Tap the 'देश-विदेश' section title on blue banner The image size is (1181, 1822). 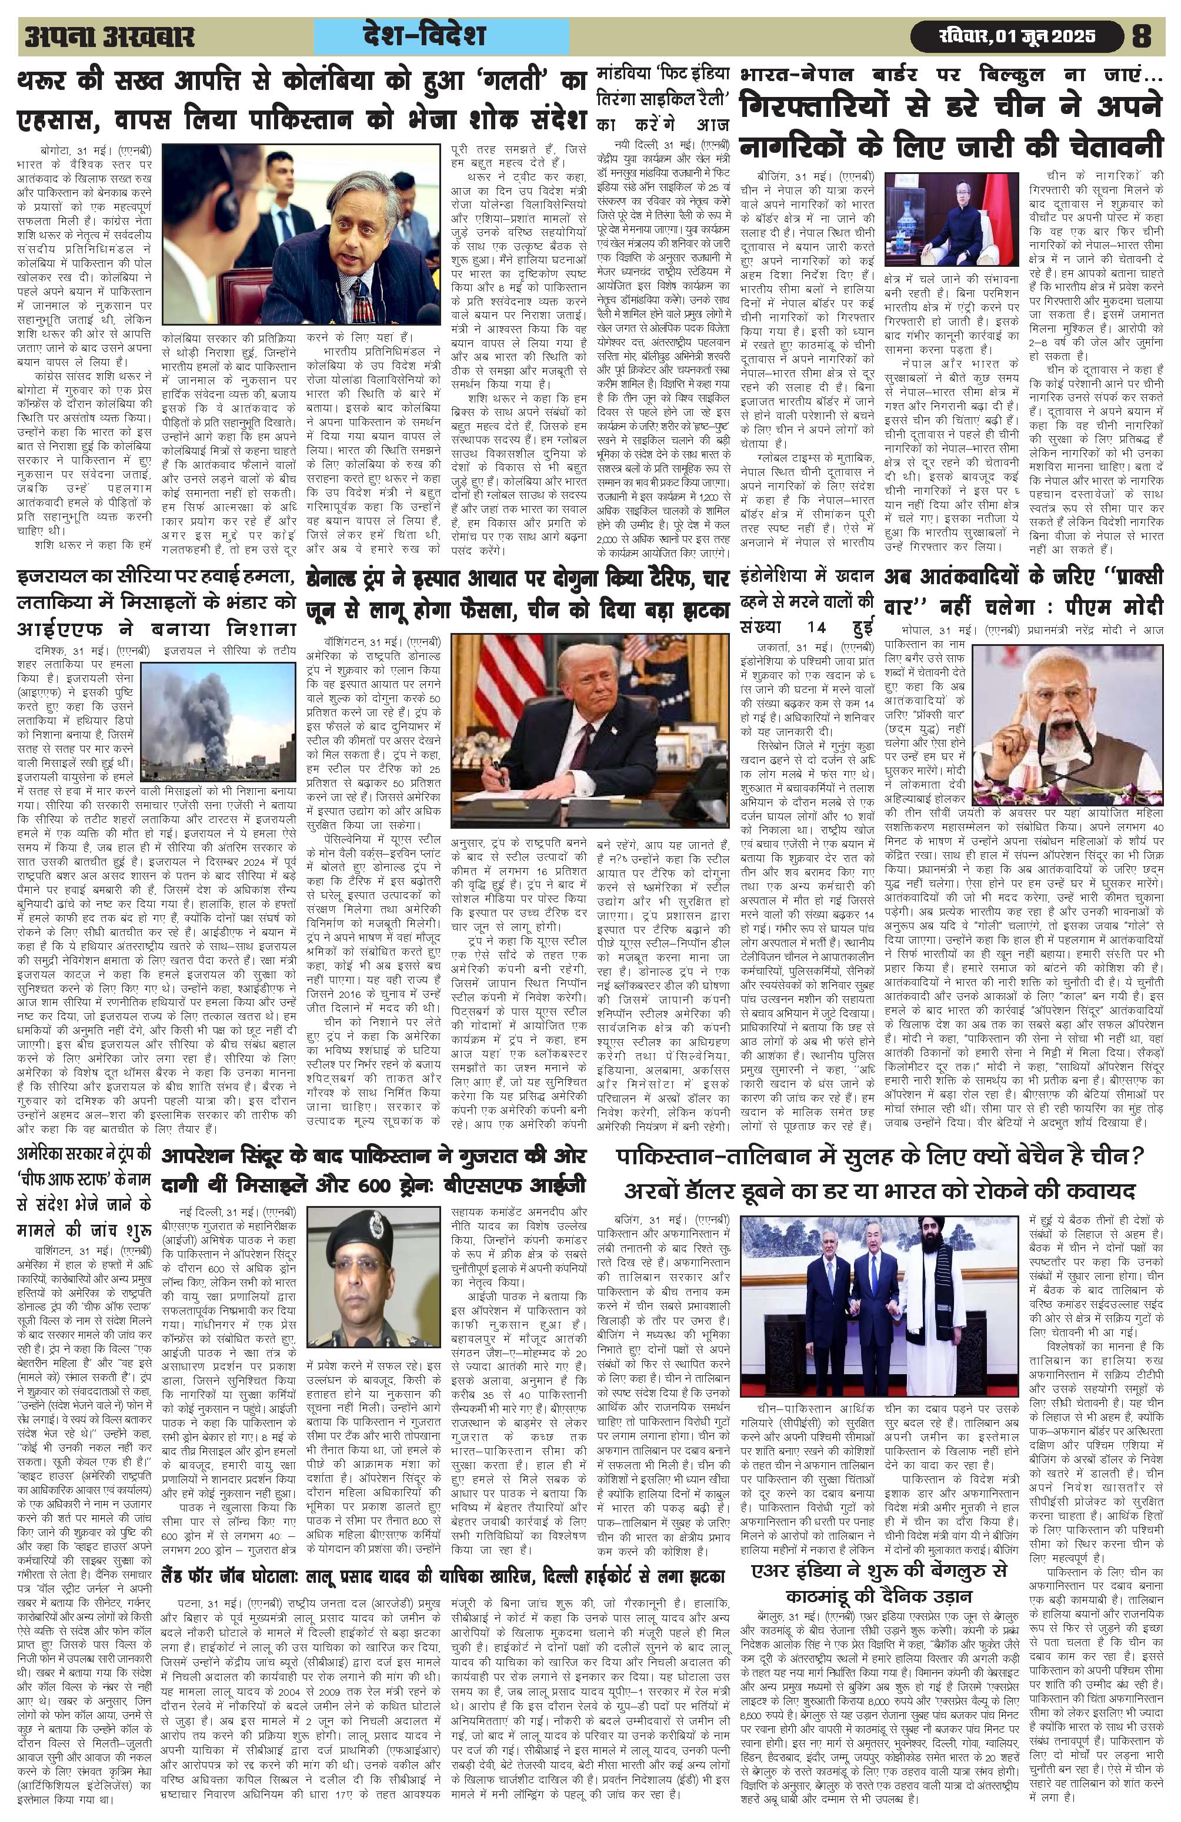tap(443, 36)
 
